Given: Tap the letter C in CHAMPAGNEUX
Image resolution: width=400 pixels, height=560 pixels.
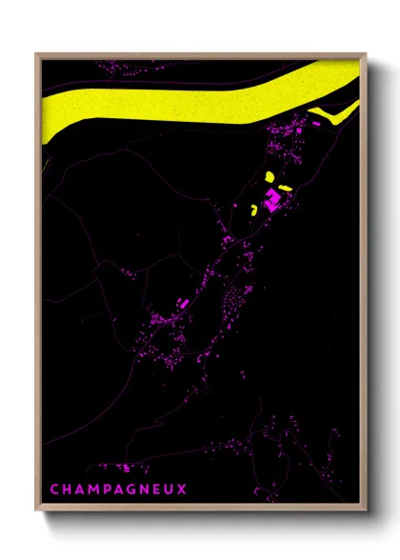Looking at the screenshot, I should (54, 489).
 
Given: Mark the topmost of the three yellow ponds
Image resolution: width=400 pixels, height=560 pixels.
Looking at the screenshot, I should (270, 177).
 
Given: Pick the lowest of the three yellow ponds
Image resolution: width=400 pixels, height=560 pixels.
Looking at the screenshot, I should (253, 210).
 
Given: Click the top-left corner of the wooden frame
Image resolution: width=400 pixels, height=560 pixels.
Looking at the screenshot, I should (37, 54).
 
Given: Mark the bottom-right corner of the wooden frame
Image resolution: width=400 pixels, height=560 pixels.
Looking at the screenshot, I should (366, 512).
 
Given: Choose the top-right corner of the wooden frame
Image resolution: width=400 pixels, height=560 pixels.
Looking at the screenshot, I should (366, 54).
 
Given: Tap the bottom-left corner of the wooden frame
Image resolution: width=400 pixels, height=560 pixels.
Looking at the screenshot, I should (37, 512).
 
